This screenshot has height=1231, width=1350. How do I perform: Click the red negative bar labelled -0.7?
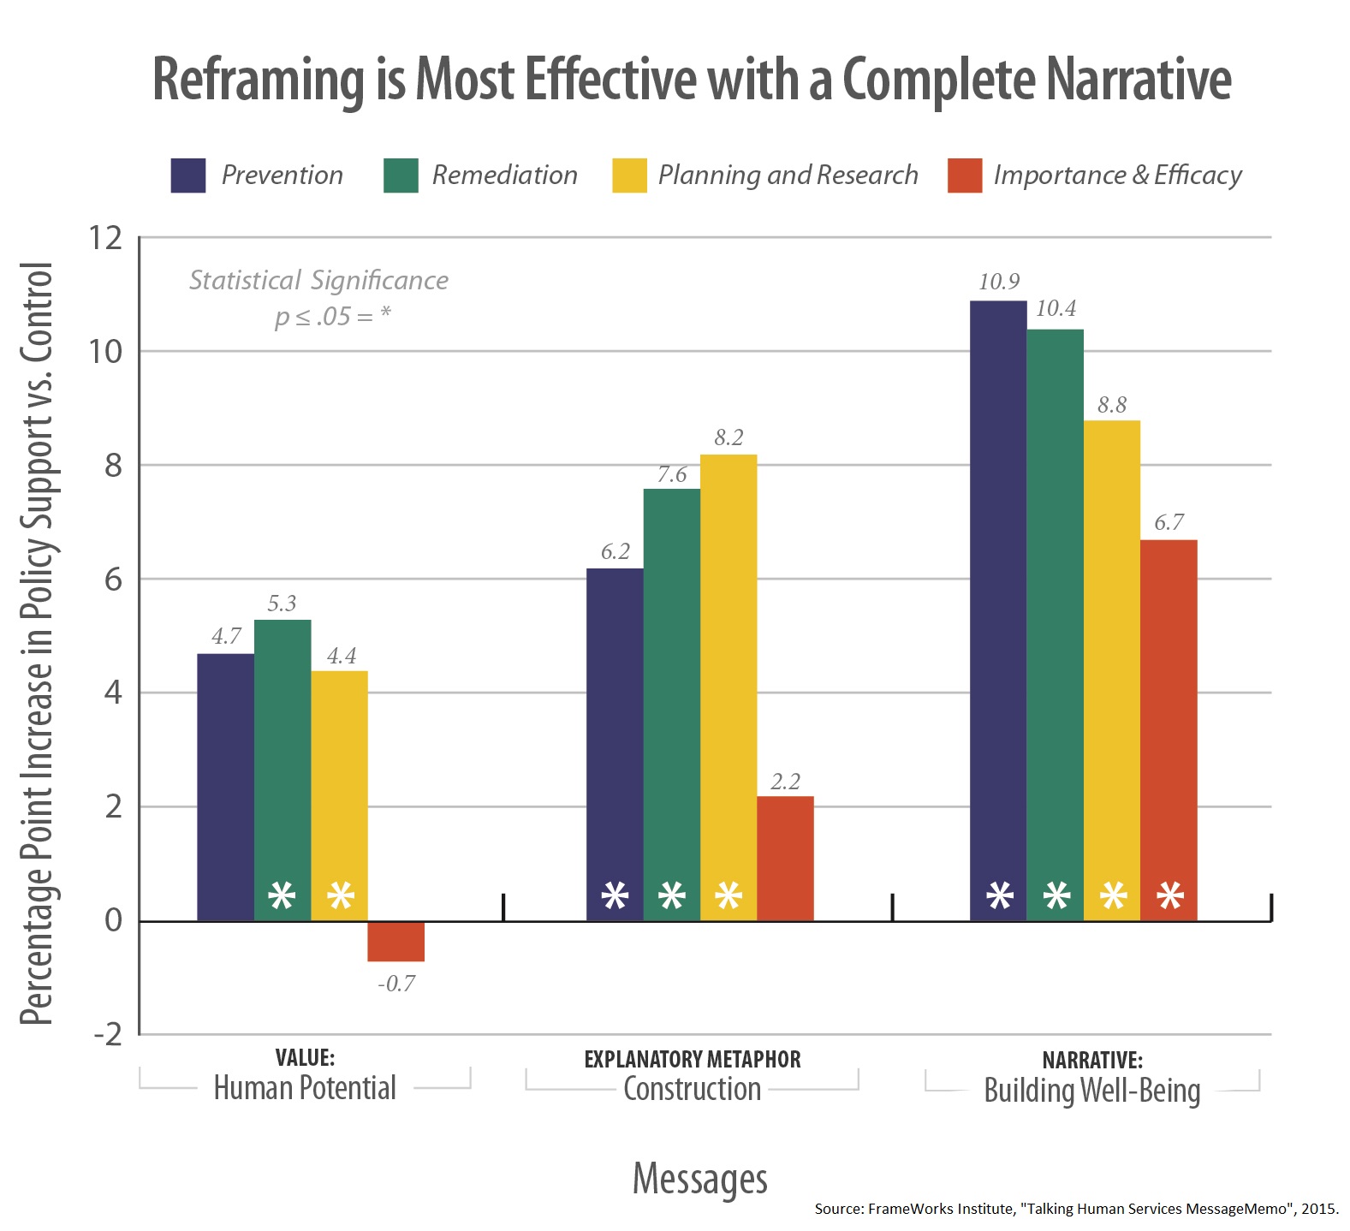395,942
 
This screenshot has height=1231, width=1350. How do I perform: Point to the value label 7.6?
672,474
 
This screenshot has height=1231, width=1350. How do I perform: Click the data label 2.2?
785,782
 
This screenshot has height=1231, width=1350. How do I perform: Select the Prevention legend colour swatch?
188,175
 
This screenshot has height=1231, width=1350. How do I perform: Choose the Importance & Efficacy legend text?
1117,175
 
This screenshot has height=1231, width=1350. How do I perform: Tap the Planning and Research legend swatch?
629,175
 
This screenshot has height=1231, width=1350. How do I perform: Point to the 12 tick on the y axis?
106,238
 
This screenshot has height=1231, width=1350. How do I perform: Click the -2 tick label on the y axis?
108,1035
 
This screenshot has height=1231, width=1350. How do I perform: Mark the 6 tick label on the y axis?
113,580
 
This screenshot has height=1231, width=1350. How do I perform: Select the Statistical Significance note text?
318,281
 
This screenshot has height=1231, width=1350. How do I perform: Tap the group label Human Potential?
305,1088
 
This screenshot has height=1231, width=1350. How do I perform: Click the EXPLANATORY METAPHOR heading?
692,1060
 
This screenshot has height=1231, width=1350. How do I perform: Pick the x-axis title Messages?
699,1179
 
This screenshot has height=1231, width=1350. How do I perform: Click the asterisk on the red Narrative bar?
1169,897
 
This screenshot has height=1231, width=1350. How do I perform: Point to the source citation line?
1076,1209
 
